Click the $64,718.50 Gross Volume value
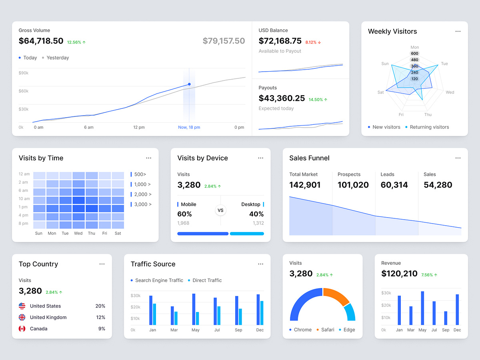[x=41, y=41]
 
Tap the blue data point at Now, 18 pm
[x=189, y=84]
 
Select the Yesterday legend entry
[x=57, y=58]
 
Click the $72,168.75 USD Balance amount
[x=280, y=41]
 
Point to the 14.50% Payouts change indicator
[x=318, y=100]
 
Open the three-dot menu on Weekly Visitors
[x=458, y=32]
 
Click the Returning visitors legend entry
[x=429, y=127]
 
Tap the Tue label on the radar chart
[x=444, y=64]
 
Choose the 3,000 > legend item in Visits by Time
[x=142, y=204]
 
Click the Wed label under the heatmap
[x=78, y=233]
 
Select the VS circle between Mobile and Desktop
[x=220, y=210]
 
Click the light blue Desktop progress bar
[x=247, y=234]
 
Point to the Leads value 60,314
[x=394, y=185]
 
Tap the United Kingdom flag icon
[x=22, y=317]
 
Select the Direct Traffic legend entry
[x=206, y=280]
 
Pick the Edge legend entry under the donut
[x=348, y=330]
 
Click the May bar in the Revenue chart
[x=422, y=308]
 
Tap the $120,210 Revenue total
[x=399, y=274]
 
